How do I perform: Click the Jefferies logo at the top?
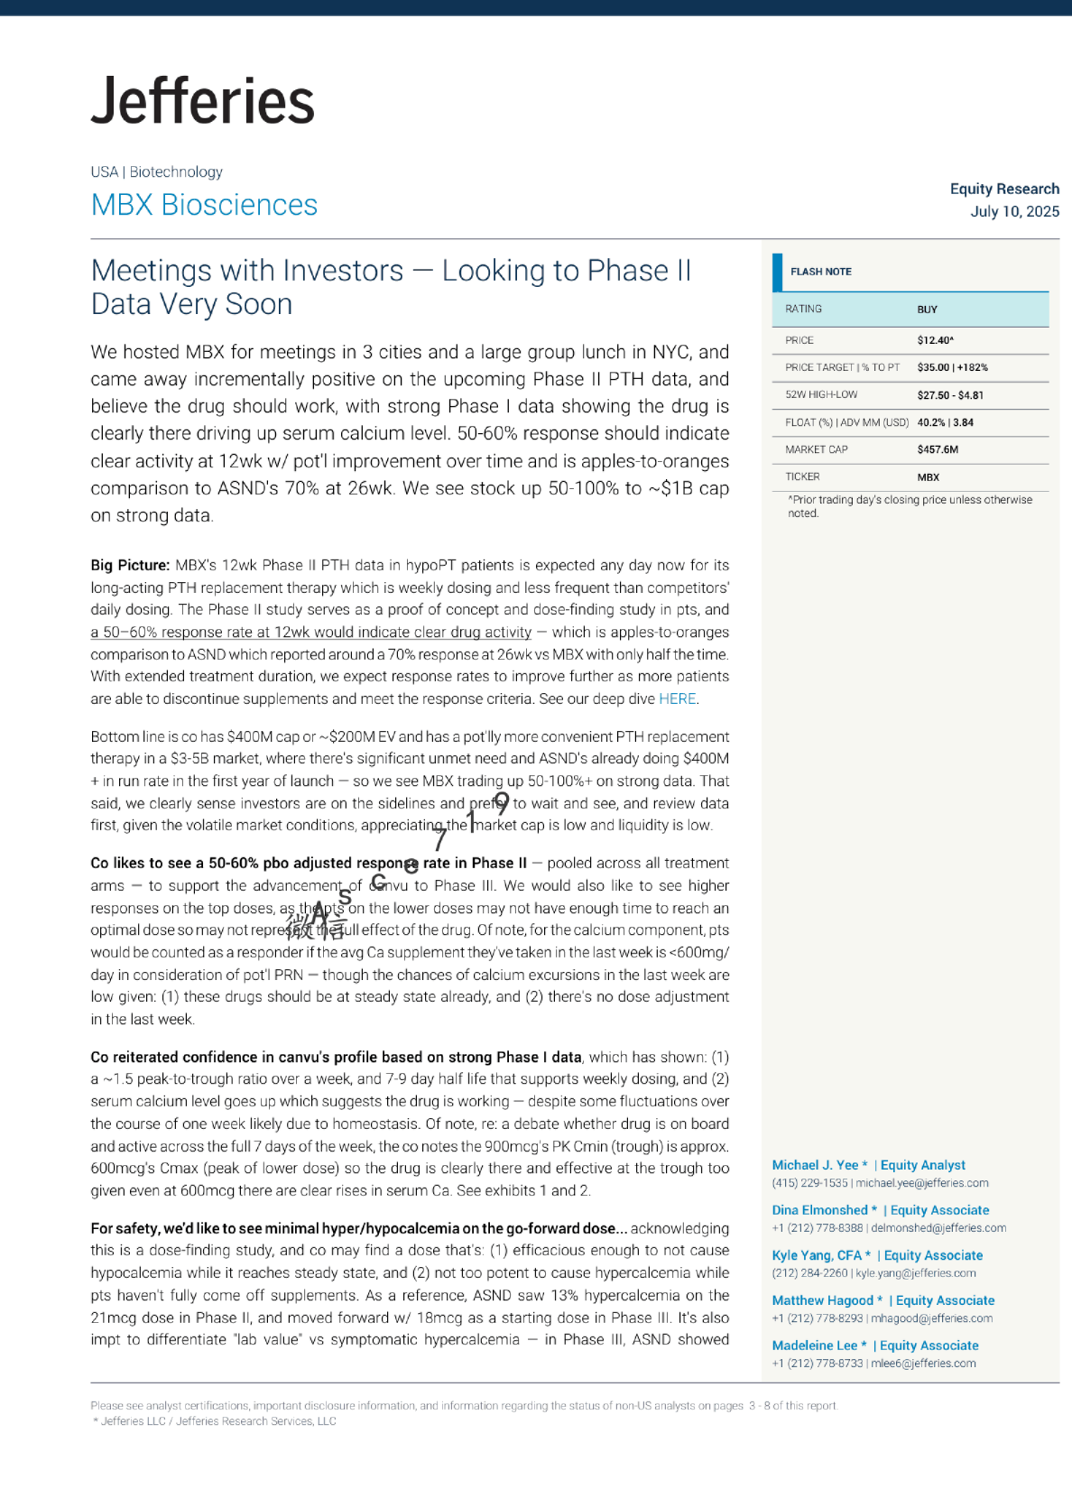click(x=203, y=101)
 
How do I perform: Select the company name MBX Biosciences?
click(x=204, y=206)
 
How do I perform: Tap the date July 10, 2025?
click(x=1014, y=212)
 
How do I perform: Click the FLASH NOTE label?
click(x=820, y=272)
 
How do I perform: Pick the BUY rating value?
click(x=927, y=310)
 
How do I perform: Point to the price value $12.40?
click(x=935, y=341)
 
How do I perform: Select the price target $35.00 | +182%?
click(x=952, y=368)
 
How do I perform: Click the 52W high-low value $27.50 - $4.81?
click(x=950, y=395)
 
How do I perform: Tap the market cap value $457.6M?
click(x=938, y=449)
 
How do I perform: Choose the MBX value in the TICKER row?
click(x=928, y=477)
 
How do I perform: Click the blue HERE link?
click(x=677, y=699)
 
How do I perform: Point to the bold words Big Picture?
click(x=130, y=566)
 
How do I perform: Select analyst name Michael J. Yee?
click(x=815, y=1166)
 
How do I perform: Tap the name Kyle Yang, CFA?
click(x=817, y=1256)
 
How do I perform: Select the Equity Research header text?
click(x=1004, y=190)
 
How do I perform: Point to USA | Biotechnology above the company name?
click(x=156, y=172)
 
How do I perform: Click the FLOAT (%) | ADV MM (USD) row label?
click(x=846, y=422)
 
